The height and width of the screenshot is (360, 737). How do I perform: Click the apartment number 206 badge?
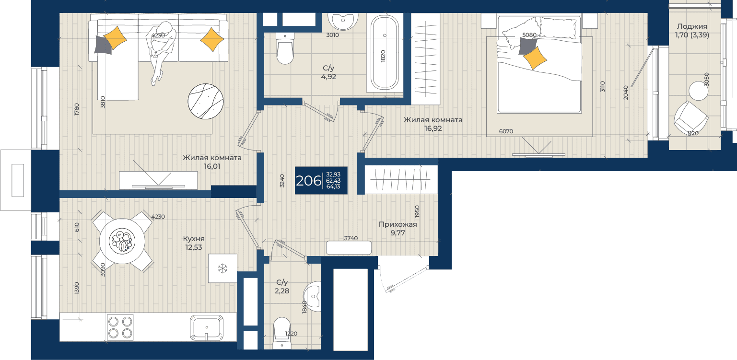point(321,180)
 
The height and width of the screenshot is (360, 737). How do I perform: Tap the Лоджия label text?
point(692,26)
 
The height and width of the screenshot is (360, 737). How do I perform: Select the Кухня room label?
point(193,239)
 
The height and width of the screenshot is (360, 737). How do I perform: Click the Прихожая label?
point(398,224)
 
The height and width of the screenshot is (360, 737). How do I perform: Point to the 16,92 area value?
point(433,128)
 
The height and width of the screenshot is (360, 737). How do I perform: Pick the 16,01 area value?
point(212,166)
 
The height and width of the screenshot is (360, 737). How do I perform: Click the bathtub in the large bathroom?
point(385,53)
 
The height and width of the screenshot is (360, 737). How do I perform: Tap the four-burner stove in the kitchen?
point(120,327)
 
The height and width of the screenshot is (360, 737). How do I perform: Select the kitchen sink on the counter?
point(206,328)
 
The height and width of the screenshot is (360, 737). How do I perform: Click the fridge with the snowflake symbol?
point(223,268)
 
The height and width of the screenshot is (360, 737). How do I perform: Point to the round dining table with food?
point(122,241)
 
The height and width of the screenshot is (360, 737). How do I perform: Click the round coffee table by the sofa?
point(206,101)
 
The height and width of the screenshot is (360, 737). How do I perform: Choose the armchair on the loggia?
point(690,117)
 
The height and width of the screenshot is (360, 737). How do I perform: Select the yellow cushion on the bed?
point(535,58)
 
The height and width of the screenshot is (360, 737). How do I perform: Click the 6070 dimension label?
point(506,131)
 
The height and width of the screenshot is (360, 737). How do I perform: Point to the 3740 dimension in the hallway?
point(351,238)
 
